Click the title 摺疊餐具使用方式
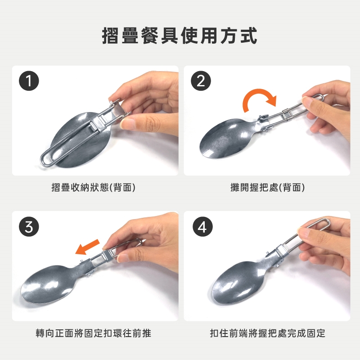180,36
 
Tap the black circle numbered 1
29,81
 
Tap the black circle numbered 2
201,81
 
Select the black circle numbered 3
29,227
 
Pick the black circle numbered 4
203,227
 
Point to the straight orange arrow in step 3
87,247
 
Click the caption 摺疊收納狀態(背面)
93,187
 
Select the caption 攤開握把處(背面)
267,187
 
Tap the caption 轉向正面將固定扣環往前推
94,333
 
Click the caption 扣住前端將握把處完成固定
268,333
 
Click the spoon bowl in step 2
227,139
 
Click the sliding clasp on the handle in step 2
286,114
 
